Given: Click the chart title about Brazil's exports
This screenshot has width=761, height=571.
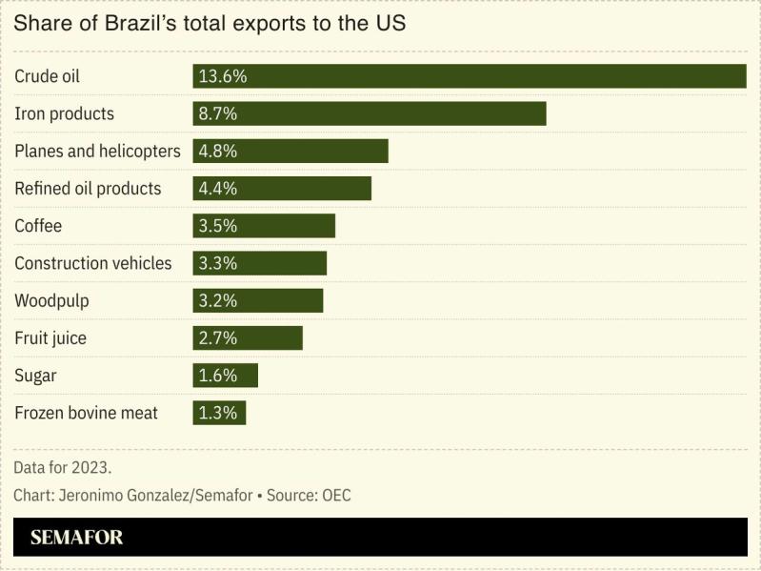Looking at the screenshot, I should tap(210, 23).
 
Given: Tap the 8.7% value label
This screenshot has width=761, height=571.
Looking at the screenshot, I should tap(217, 113).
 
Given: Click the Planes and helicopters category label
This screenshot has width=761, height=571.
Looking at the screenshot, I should tap(97, 151).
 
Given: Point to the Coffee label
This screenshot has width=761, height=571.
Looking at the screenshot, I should tap(38, 226).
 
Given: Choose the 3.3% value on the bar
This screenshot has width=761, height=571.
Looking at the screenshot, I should tap(217, 263).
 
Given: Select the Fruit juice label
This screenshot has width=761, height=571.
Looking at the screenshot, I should tap(50, 337).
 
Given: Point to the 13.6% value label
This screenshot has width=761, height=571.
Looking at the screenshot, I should tap(221, 76).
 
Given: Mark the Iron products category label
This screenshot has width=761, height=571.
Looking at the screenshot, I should tap(64, 113).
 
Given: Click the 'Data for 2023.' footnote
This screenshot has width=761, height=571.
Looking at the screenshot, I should tap(63, 468).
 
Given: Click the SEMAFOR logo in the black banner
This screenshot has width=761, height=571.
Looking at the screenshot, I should tap(76, 538).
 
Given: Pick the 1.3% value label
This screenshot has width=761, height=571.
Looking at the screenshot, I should tap(217, 413).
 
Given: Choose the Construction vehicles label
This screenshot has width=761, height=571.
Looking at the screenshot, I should tap(93, 263).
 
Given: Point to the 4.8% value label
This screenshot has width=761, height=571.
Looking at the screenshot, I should tap(217, 151).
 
